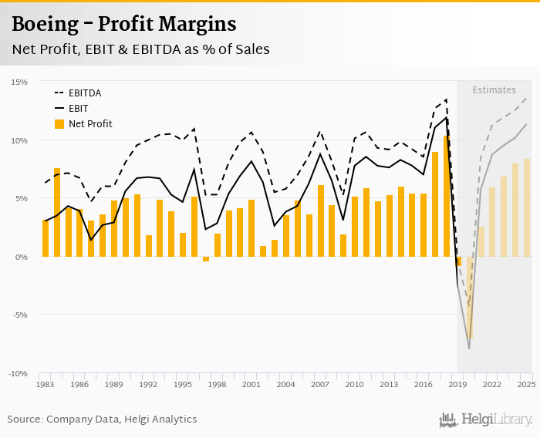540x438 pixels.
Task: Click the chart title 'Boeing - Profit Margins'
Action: pos(123,25)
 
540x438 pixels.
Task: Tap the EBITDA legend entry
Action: pos(84,93)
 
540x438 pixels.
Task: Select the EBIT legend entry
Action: pos(79,109)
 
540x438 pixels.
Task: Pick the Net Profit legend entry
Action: pos(89,123)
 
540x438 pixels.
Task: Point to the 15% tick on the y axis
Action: pos(19,82)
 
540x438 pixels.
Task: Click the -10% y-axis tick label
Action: pos(18,373)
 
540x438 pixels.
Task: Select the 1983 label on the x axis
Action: pos(46,384)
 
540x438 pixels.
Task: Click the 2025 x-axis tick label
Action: pos(526,384)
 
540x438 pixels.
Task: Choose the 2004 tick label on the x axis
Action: pos(286,384)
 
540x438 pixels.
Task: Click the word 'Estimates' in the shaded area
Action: pos(494,90)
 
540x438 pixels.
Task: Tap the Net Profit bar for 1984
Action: pos(57,212)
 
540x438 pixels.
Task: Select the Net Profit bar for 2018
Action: pos(447,196)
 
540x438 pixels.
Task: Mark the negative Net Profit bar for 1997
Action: pos(206,259)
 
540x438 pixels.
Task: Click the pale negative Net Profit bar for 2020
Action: pos(469,297)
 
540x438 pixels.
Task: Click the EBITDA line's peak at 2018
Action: pos(447,99)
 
